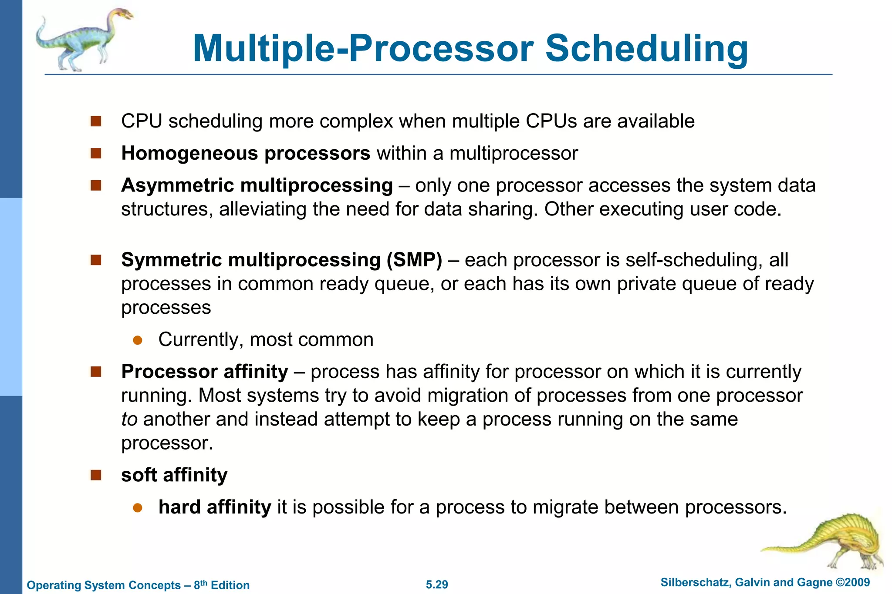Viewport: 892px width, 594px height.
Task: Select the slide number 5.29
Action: tap(437, 584)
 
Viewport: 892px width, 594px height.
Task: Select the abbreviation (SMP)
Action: tap(414, 260)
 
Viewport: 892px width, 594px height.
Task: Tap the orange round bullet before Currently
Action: tap(138, 340)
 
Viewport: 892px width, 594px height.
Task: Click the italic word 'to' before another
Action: tap(129, 419)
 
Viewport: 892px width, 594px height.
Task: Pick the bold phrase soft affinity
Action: tap(174, 475)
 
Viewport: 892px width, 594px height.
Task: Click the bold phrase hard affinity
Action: tap(215, 507)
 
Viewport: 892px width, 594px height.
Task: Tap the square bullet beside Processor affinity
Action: tap(96, 372)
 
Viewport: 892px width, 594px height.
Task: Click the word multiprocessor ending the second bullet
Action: tap(514, 153)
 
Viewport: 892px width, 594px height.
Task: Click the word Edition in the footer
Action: tap(230, 585)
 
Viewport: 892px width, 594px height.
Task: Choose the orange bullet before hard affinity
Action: tap(138, 508)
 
